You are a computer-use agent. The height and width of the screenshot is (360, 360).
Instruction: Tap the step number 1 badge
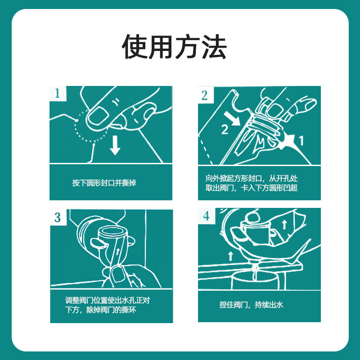pos(58,94)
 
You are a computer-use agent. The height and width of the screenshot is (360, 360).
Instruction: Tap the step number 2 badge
pos(205,95)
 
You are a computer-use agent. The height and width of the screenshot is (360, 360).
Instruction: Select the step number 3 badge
pos(58,218)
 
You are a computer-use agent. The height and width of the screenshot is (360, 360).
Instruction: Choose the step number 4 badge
pos(206,216)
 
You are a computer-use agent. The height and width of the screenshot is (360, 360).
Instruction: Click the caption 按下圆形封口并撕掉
pos(104,183)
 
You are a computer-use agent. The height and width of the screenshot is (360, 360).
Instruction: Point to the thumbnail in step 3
pos(118,274)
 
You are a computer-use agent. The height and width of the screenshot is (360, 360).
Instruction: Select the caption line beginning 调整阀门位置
pos(113,300)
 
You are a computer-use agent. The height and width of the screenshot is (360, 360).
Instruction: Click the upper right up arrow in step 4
pos(283,224)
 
